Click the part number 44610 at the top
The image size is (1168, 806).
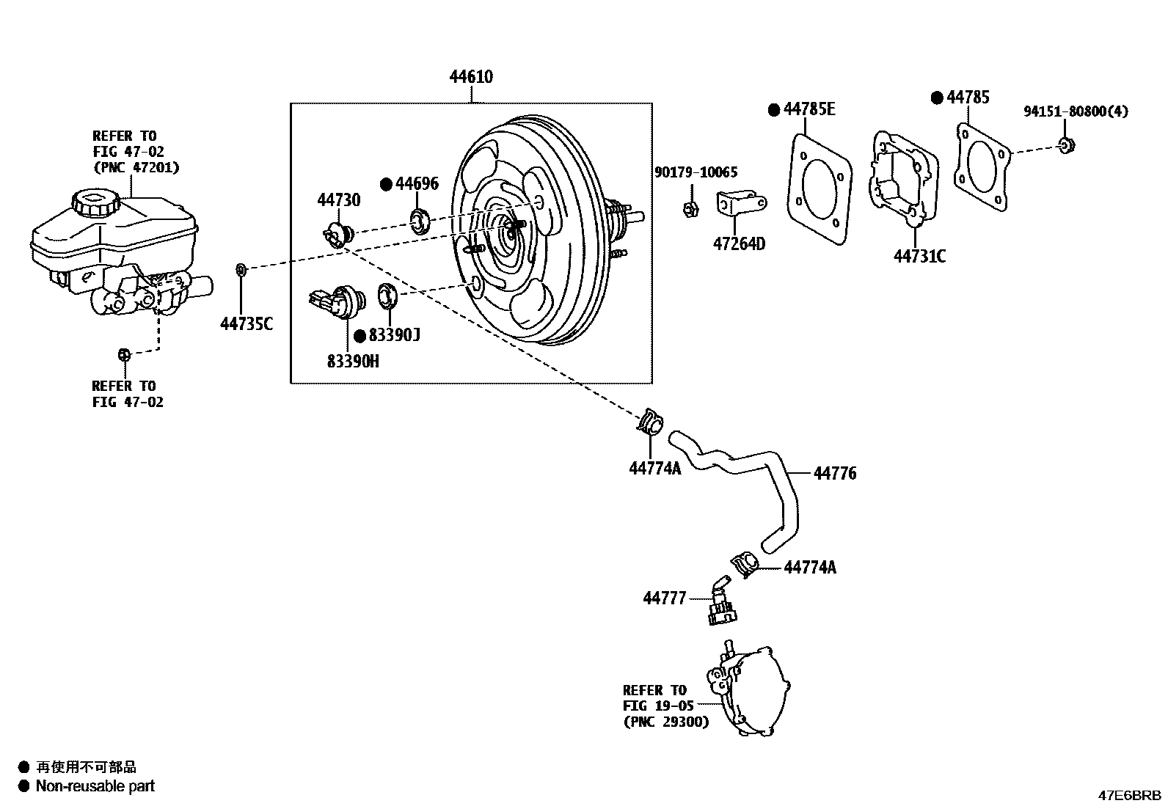pyautogui.click(x=471, y=77)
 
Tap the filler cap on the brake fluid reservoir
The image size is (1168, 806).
pyautogui.click(x=92, y=202)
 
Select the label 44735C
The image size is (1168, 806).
pyautogui.click(x=247, y=324)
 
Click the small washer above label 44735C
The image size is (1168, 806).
pyautogui.click(x=241, y=271)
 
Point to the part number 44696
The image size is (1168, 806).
pyautogui.click(x=417, y=183)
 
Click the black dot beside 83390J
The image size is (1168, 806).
pyautogui.click(x=359, y=336)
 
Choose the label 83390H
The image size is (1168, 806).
pyautogui.click(x=353, y=362)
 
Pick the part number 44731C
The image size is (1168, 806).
pyautogui.click(x=919, y=256)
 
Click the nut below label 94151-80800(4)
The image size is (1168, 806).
pyautogui.click(x=1067, y=144)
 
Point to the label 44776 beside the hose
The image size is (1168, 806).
pyautogui.click(x=835, y=474)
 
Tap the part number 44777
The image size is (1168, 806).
pyautogui.click(x=665, y=598)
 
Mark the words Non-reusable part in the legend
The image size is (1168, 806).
pyautogui.click(x=95, y=786)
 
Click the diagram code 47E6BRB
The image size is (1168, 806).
pyautogui.click(x=1129, y=795)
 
